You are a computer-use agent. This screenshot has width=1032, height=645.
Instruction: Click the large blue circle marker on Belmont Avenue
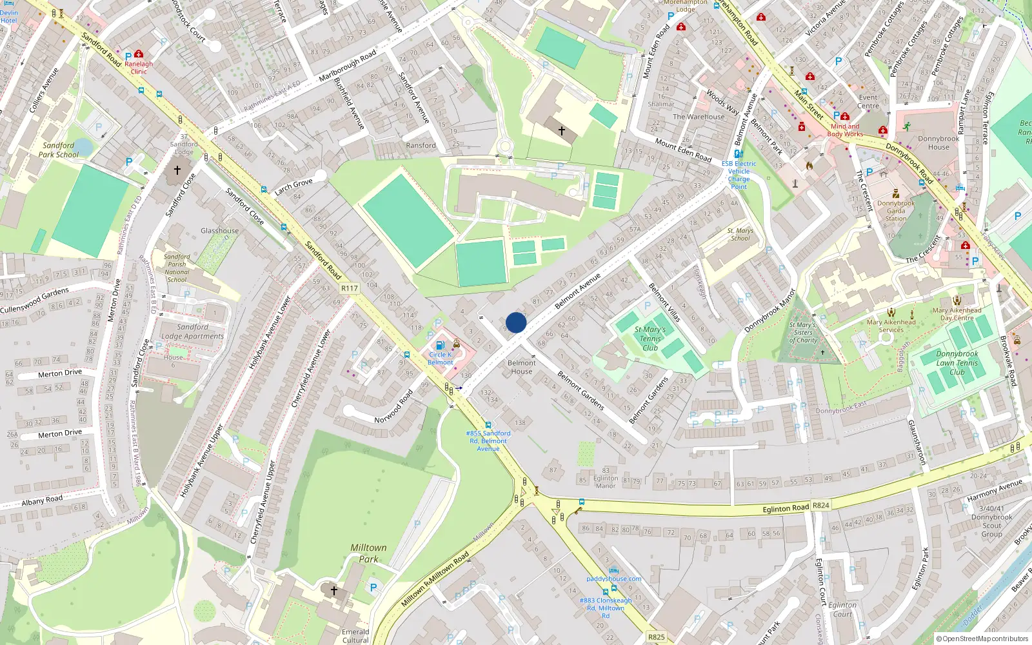[516, 322]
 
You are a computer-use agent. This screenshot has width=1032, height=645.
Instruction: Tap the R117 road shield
[349, 288]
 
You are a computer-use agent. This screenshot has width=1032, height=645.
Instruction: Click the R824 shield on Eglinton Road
[820, 505]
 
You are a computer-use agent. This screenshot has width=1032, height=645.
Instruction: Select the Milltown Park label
[368, 553]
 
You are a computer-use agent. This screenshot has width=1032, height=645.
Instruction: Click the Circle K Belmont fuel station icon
[440, 346]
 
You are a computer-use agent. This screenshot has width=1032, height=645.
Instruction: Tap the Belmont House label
[521, 367]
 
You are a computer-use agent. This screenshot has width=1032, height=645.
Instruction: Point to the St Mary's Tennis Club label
[650, 338]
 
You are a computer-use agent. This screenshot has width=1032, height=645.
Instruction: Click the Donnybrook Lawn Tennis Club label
[957, 362]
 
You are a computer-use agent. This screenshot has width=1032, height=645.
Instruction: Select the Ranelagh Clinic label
[139, 67]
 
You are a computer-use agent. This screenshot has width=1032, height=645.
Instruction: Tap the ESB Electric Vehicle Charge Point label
[739, 175]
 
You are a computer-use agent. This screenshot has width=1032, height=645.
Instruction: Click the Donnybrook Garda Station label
[896, 210]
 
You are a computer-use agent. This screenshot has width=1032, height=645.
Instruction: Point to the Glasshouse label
[219, 230]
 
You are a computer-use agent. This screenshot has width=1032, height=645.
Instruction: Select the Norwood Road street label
[393, 407]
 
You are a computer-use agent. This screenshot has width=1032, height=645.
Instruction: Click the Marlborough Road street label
[347, 66]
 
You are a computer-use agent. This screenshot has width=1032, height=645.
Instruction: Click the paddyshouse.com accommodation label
[613, 579]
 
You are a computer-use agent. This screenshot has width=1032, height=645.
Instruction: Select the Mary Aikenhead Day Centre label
[957, 313]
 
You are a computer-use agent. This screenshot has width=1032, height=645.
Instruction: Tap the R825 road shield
[656, 637]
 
